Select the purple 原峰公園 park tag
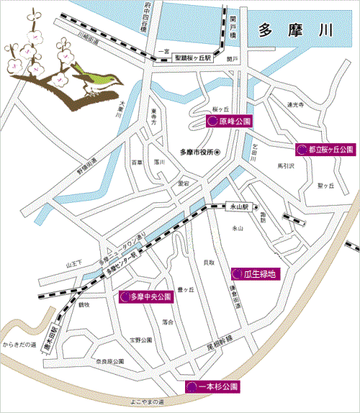pos(229,122)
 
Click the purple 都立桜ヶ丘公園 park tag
pos(326,150)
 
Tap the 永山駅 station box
pos(238,206)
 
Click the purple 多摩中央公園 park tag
pos(146,296)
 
